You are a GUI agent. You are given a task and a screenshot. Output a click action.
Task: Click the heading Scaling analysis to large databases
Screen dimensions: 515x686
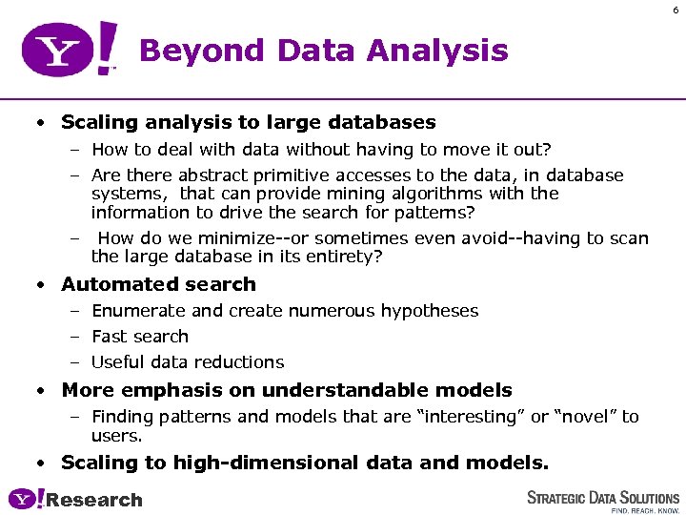coord(248,122)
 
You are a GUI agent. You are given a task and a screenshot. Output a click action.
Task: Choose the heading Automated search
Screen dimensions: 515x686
coord(158,284)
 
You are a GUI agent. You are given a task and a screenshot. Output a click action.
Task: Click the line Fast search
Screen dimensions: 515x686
coord(140,337)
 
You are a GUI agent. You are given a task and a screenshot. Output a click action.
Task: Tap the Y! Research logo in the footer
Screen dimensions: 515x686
coord(75,499)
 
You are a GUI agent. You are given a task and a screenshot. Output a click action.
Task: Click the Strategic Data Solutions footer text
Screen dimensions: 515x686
coord(603,497)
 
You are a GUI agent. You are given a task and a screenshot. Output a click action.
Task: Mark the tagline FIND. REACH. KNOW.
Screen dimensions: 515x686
coord(645,510)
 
